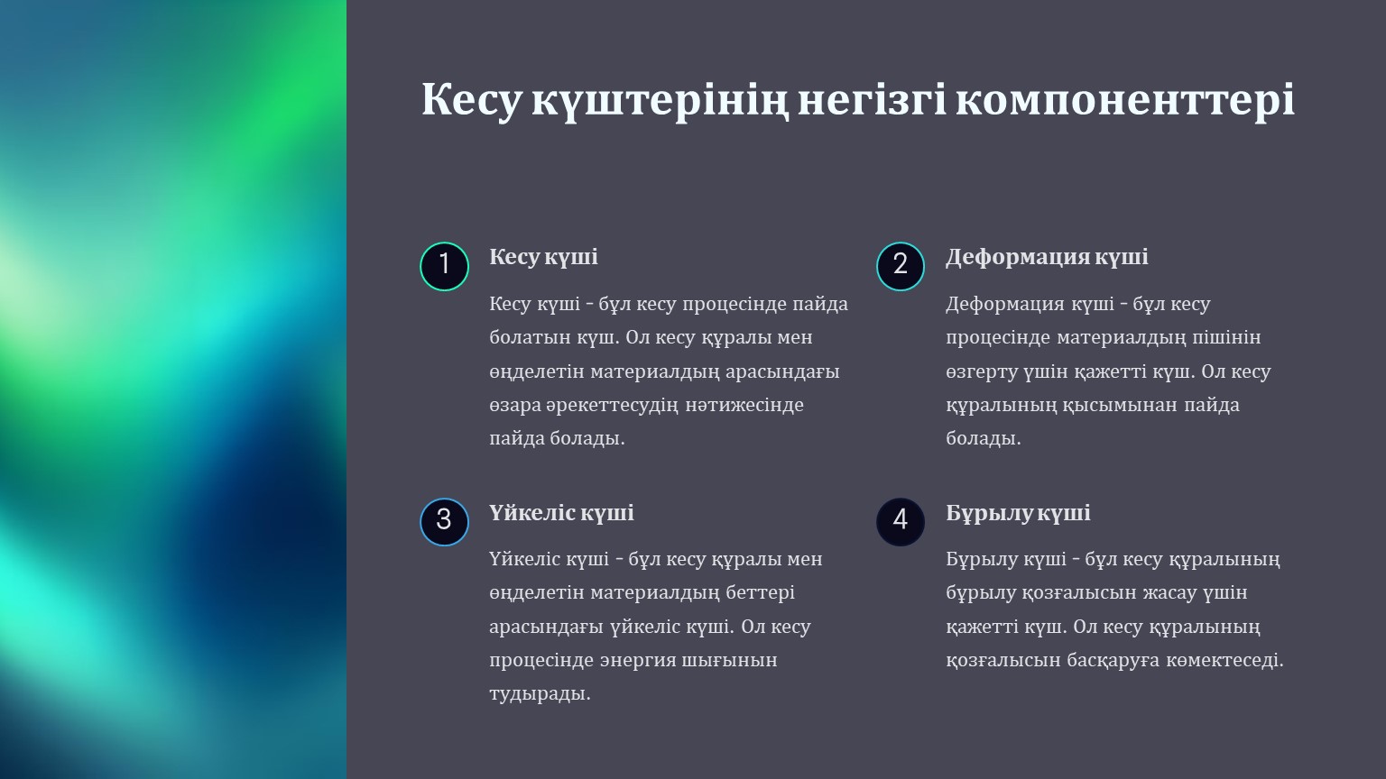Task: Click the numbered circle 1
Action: (x=444, y=267)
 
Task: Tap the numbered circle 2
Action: (x=901, y=267)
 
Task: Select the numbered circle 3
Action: (x=444, y=522)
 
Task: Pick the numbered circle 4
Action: (x=901, y=522)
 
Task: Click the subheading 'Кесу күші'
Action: (x=543, y=257)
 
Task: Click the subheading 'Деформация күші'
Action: (x=1047, y=257)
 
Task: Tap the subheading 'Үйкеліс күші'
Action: (x=561, y=513)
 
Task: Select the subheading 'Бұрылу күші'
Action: (x=1018, y=513)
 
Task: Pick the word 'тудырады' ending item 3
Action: (x=540, y=694)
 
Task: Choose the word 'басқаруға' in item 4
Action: (x=1113, y=661)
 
